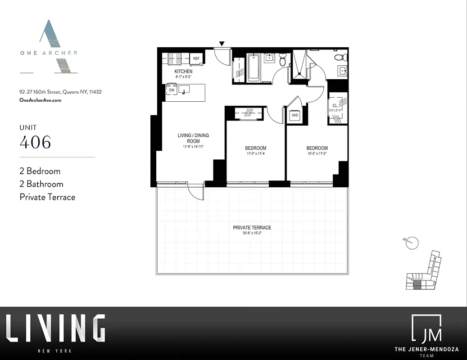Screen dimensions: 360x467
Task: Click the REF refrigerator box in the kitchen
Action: [196, 58]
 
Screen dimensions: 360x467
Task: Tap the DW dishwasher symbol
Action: [172, 90]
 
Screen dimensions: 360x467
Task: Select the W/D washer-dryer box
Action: [295, 115]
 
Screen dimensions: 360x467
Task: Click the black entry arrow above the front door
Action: [222, 44]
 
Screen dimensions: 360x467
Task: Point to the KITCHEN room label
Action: [183, 72]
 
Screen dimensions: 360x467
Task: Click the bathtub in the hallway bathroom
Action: [253, 67]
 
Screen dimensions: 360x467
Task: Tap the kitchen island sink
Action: [183, 90]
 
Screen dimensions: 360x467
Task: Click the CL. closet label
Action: [335, 106]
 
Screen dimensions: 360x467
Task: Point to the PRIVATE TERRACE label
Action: [252, 228]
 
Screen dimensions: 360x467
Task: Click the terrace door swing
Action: [196, 193]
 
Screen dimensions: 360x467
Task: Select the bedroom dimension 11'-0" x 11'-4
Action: [255, 154]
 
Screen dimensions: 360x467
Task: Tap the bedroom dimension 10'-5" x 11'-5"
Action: [317, 154]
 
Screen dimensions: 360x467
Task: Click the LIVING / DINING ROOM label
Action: [193, 138]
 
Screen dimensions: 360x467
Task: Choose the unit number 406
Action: [35, 142]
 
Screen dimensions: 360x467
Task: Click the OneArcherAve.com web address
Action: [41, 100]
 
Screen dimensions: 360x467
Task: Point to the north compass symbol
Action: [412, 243]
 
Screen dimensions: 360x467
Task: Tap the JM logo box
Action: [426, 328]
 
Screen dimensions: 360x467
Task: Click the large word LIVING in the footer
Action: [55, 328]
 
